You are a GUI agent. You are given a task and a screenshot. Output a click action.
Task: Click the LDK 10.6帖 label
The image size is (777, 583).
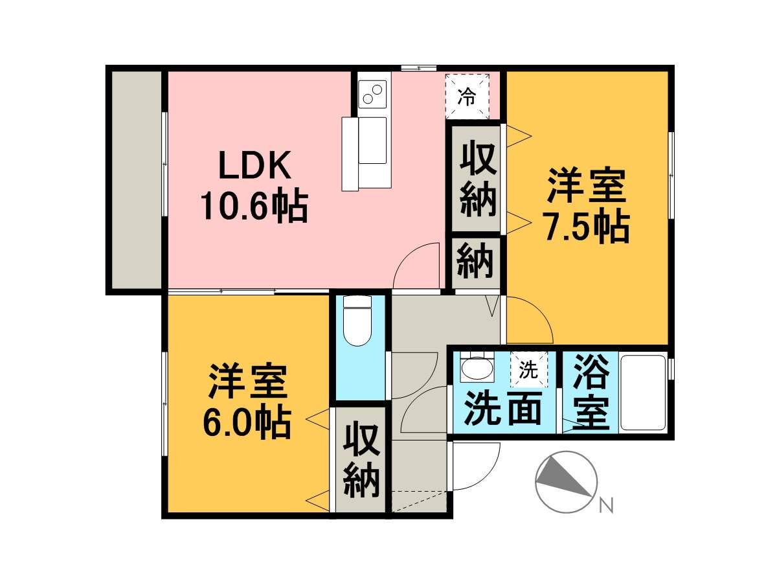pyautogui.click(x=254, y=187)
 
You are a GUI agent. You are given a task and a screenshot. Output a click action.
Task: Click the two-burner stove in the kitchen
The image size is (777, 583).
pyautogui.click(x=372, y=95)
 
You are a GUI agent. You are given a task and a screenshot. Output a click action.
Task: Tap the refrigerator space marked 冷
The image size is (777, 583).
pyautogui.click(x=467, y=97)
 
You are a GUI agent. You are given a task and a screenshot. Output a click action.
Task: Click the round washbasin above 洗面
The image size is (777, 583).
pyautogui.click(x=477, y=370)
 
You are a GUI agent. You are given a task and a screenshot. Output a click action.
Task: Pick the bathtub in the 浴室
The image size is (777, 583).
pyautogui.click(x=643, y=393)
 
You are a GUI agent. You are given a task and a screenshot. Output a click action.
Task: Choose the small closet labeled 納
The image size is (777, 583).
pyautogui.click(x=476, y=262)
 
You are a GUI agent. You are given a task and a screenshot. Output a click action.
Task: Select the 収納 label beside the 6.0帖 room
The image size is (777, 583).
pyautogui.click(x=361, y=461)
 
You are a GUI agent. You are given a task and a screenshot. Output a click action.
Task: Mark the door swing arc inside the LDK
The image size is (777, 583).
pyautogui.click(x=414, y=262)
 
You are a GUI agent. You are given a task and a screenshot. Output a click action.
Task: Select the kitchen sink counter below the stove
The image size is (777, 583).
pyautogui.click(x=367, y=152)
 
